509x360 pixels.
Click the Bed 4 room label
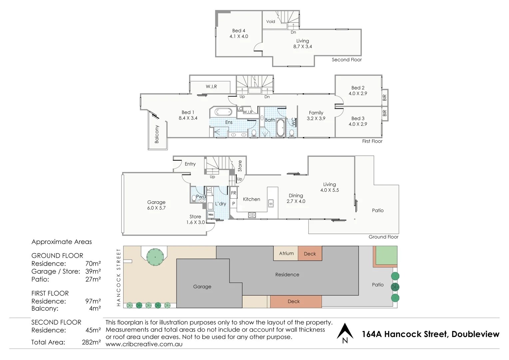(239, 31)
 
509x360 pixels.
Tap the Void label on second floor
(270, 22)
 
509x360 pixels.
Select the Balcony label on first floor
(157, 134)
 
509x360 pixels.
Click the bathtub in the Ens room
(223, 112)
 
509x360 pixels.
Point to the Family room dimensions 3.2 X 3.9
(316, 118)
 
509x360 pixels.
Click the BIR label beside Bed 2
(384, 98)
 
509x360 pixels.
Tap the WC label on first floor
(293, 122)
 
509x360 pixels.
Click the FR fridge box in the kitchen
(234, 193)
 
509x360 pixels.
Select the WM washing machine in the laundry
(211, 215)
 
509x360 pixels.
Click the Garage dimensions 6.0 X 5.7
(156, 208)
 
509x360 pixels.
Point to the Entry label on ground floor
(190, 164)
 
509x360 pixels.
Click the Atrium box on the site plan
(286, 253)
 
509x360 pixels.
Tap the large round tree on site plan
(155, 257)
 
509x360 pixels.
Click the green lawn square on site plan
(386, 255)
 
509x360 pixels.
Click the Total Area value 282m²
(91, 342)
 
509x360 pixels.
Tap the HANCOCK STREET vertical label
(118, 277)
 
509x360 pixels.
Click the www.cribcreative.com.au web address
(144, 344)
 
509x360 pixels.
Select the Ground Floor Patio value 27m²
(93, 279)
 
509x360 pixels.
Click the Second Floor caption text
(346, 60)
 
